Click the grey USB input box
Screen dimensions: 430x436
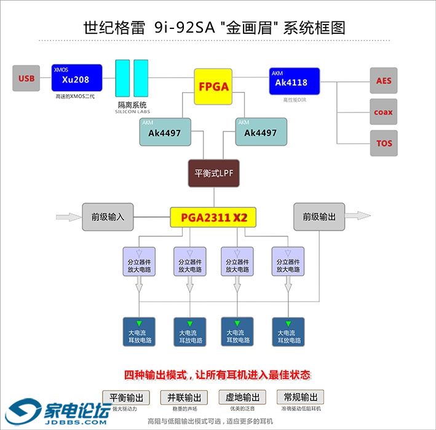pyautogui.click(x=26, y=78)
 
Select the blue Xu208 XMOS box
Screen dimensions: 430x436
pyautogui.click(x=76, y=78)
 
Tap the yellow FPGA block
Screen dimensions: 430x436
pyautogui.click(x=213, y=86)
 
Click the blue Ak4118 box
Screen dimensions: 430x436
pyautogui.click(x=294, y=81)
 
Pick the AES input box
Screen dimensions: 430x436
pyautogui.click(x=384, y=81)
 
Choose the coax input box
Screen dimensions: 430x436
pyautogui.click(x=384, y=112)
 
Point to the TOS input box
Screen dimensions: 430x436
pyautogui.click(x=384, y=143)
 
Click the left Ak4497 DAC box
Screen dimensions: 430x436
pyautogui.click(x=165, y=132)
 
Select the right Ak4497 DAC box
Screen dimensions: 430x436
pyautogui.click(x=261, y=132)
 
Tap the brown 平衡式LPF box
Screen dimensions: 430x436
pyautogui.click(x=213, y=173)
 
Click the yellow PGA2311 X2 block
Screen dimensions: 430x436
pyautogui.click(x=213, y=217)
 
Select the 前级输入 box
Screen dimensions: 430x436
pyautogui.click(x=108, y=217)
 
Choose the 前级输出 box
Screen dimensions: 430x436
pyautogui.click(x=319, y=217)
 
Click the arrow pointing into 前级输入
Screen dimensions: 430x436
pyautogui.click(x=66, y=217)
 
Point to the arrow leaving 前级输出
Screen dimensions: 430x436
pyautogui.click(x=359, y=216)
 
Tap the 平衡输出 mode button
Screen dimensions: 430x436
pyautogui.click(x=126, y=397)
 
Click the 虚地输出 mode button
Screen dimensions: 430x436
pyautogui.click(x=243, y=397)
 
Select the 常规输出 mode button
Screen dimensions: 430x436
pyautogui.click(x=301, y=397)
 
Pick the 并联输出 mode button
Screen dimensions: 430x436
pyautogui.click(x=184, y=397)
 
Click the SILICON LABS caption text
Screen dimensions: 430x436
pyautogui.click(x=132, y=112)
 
